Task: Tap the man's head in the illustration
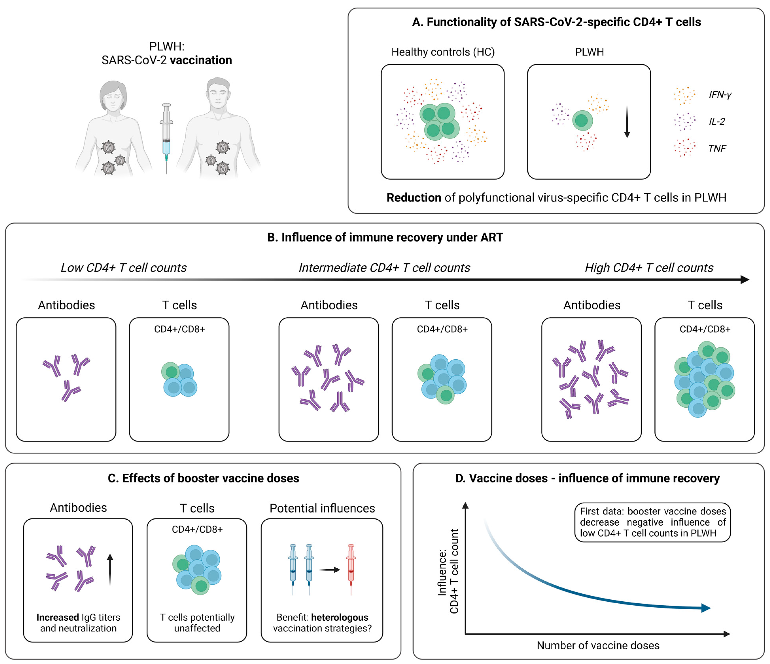point(218,94)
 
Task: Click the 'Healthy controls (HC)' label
point(443,52)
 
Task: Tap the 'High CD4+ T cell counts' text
point(649,268)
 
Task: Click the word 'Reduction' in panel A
point(414,198)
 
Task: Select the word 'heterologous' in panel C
point(340,617)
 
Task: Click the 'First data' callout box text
point(653,522)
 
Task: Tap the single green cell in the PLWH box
point(582,120)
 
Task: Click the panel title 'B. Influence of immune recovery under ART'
point(385,237)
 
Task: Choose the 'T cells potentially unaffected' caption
point(197,623)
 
